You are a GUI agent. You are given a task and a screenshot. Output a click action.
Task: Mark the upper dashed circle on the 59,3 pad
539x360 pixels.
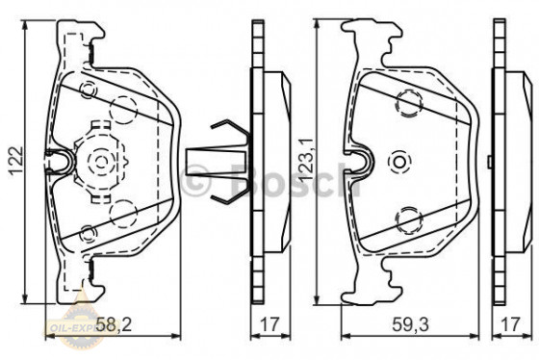408,97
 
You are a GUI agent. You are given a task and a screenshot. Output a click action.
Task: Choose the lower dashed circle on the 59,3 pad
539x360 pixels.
408,218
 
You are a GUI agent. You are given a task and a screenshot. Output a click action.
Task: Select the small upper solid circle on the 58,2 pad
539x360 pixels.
89,92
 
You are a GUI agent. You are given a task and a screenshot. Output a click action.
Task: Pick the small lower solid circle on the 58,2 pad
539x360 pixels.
89,229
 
